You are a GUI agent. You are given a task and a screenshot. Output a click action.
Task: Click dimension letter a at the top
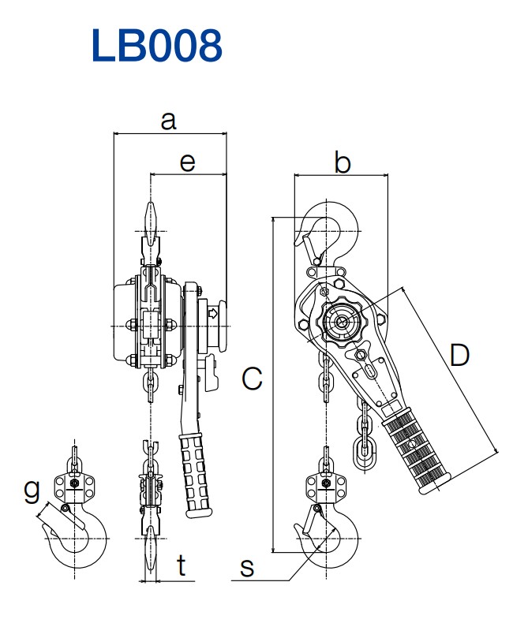[x=168, y=121]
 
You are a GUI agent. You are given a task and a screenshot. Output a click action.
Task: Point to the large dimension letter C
[x=251, y=379]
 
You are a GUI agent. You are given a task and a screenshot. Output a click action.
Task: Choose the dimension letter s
[x=247, y=567]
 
